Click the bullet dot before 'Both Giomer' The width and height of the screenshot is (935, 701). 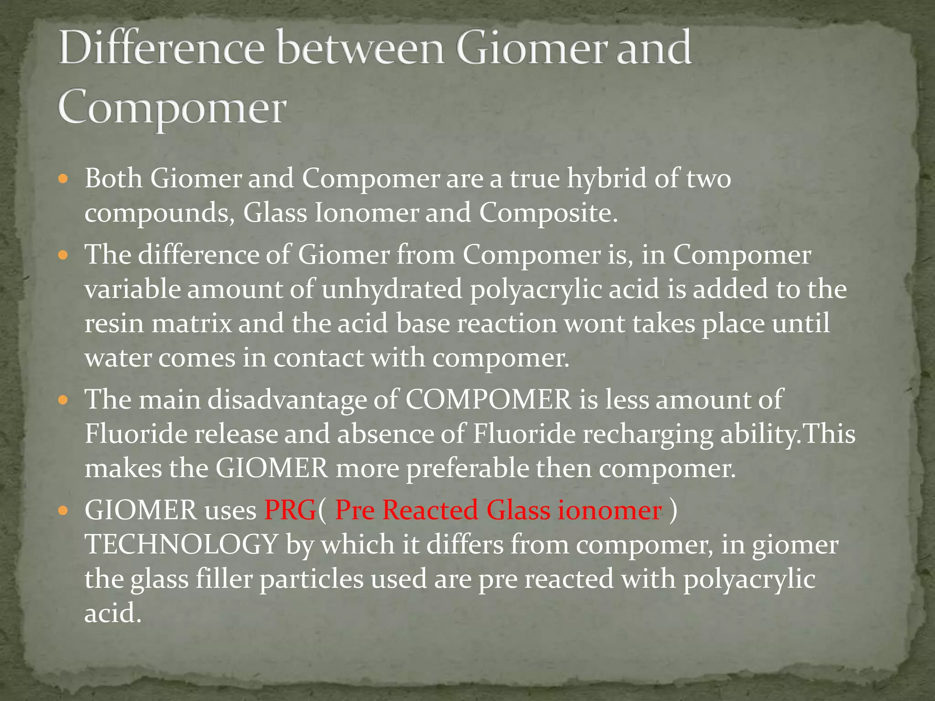pyautogui.click(x=63, y=178)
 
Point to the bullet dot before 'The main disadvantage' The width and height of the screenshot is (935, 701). pyautogui.click(x=63, y=400)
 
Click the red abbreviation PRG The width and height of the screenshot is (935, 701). pyautogui.click(x=290, y=510)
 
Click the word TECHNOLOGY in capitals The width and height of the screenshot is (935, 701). pyautogui.click(x=181, y=544)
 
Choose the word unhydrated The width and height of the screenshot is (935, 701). pyautogui.click(x=392, y=289)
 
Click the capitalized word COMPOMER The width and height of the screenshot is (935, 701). pyautogui.click(x=488, y=400)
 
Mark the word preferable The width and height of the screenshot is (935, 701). pyautogui.click(x=467, y=469)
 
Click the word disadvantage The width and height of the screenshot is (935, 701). pyautogui.click(x=287, y=400)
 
